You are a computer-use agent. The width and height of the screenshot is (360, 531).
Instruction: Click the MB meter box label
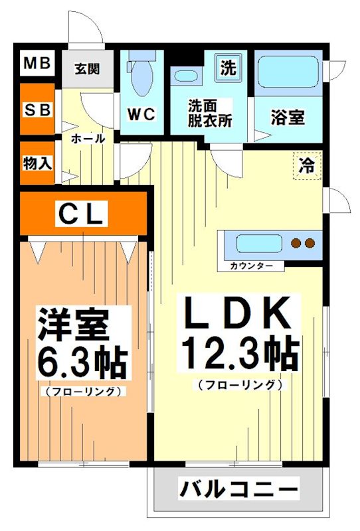click(37, 64)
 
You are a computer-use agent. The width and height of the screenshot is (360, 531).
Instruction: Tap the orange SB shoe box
click(37, 110)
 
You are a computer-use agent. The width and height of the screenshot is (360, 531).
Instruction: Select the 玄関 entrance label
click(87, 68)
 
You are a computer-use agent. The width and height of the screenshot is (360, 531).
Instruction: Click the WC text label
click(141, 114)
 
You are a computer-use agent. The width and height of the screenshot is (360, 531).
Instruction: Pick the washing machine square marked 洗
click(228, 67)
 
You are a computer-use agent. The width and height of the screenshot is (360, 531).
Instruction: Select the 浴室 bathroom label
click(288, 117)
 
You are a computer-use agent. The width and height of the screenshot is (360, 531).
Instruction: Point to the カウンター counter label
click(251, 265)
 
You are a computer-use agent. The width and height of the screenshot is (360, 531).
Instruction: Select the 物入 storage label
click(37, 163)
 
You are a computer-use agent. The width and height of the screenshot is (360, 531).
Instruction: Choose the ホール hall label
click(87, 139)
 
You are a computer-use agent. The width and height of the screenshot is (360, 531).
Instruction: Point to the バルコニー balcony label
click(238, 491)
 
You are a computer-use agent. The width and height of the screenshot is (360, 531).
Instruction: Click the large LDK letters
click(237, 313)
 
